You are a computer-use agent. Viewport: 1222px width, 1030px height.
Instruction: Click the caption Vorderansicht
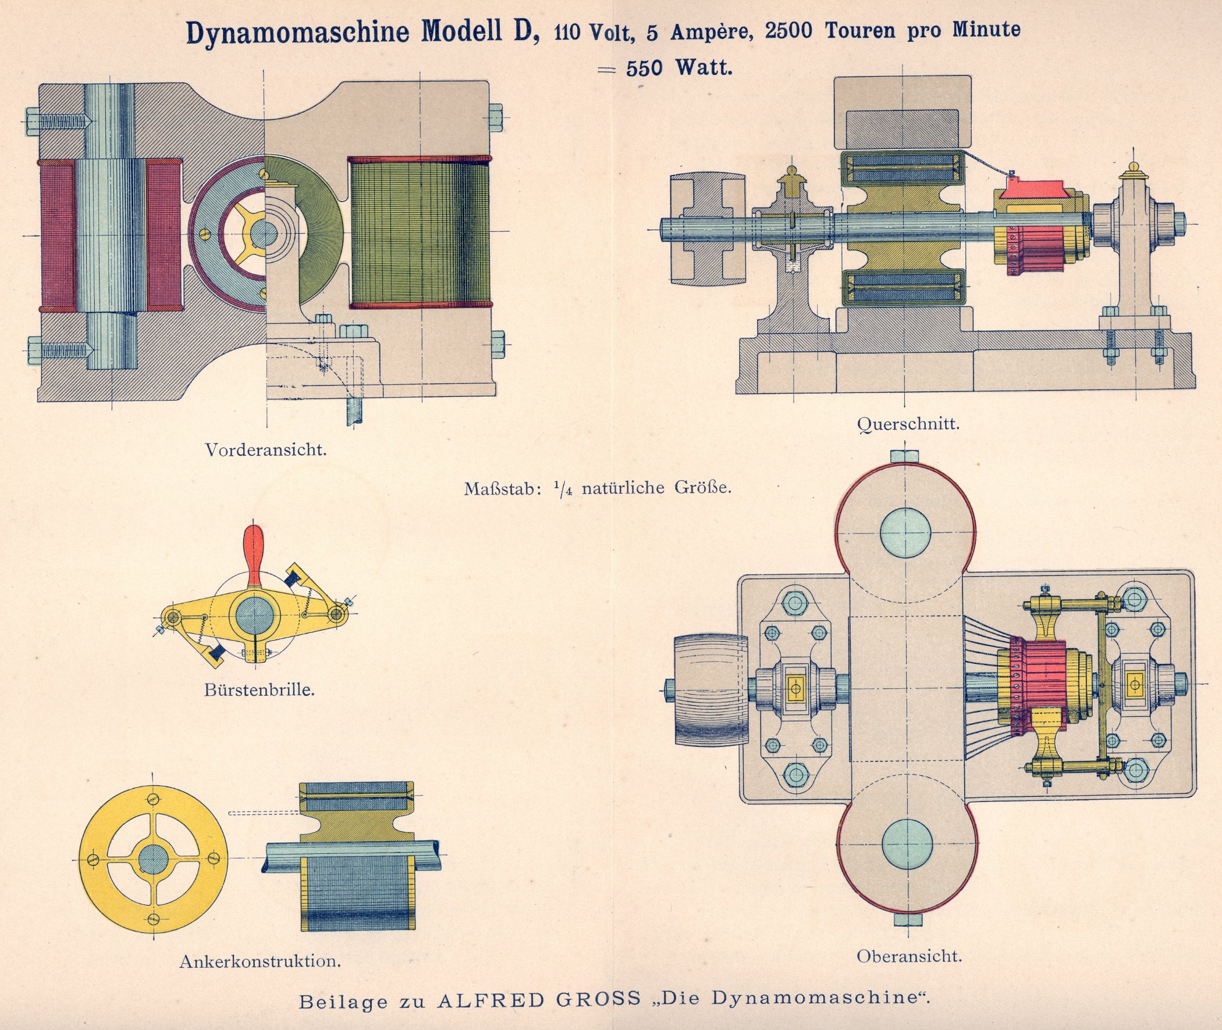pos(266,449)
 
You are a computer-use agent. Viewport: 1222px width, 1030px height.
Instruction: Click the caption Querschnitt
pos(908,423)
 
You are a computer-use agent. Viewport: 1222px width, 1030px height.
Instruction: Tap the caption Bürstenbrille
pos(260,689)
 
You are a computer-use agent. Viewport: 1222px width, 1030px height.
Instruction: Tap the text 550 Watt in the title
pos(679,69)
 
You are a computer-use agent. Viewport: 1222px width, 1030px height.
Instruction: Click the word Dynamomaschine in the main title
pos(297,33)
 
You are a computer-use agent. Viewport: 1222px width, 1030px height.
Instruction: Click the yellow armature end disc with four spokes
pos(152,860)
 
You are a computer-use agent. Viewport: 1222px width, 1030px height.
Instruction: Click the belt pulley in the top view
pos(711,689)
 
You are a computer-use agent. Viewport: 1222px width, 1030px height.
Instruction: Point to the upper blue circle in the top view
pos(906,532)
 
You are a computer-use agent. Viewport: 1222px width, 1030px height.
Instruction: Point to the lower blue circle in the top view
pos(907,844)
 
